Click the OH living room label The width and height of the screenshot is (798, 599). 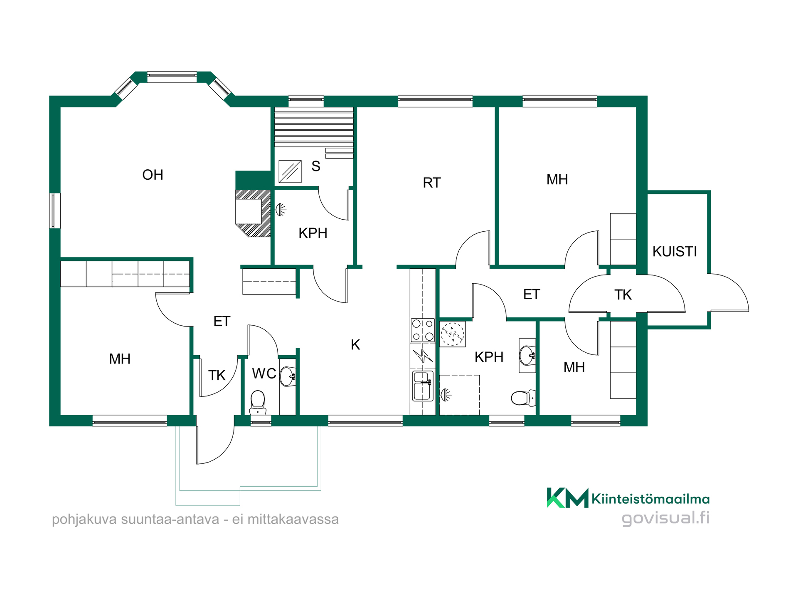coord(153,175)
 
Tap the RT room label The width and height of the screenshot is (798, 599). coord(431,183)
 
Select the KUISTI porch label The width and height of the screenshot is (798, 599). coord(675,251)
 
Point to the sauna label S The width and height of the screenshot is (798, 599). coord(316,166)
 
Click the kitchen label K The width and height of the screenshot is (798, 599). coord(355,344)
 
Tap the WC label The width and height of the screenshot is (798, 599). coord(264,374)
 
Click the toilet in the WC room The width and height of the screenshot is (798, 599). coord(258,402)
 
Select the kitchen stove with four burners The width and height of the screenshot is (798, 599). coord(423,330)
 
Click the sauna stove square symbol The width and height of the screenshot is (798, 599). coord(290,171)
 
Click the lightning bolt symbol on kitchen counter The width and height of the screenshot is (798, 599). coord(423,356)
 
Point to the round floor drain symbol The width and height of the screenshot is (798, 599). coord(452,334)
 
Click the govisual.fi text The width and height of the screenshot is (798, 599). coord(665,518)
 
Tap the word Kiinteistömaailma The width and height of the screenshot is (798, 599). coord(650,499)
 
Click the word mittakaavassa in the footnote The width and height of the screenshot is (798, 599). coord(293,520)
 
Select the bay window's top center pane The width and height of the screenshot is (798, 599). coord(172,77)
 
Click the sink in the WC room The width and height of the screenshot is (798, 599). coord(287,377)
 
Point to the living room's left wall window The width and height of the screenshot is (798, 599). coord(55,210)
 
